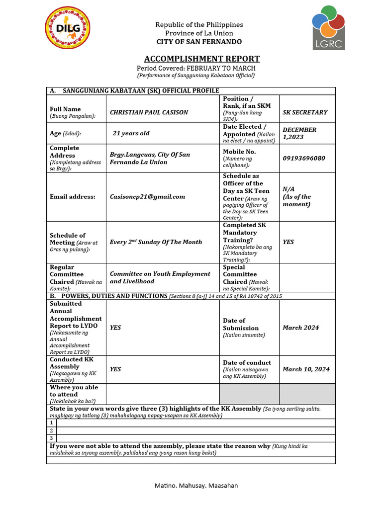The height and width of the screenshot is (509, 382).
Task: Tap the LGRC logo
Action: pyautogui.click(x=328, y=28)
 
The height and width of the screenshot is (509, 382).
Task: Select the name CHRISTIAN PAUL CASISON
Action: pyautogui.click(x=149, y=112)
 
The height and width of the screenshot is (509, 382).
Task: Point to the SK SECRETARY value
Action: pyautogui.click(x=305, y=112)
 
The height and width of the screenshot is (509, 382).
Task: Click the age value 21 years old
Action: pyautogui.click(x=131, y=133)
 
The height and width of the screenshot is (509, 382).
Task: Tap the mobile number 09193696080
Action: pyautogui.click(x=304, y=158)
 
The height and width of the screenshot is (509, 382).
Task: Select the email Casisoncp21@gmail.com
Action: pyautogui.click(x=147, y=196)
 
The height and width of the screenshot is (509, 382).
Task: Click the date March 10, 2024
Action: pyautogui.click(x=306, y=369)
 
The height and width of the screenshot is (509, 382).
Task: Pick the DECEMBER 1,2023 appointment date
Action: pyautogui.click(x=299, y=133)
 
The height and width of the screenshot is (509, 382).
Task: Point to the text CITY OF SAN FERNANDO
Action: pyautogui.click(x=199, y=42)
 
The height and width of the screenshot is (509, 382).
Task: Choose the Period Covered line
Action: pyautogui.click(x=196, y=68)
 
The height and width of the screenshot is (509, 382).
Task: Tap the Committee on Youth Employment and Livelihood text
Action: pyautogui.click(x=160, y=277)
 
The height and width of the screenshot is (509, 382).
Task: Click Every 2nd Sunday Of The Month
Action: pyautogui.click(x=156, y=242)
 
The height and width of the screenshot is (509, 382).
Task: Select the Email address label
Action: pyautogui.click(x=72, y=196)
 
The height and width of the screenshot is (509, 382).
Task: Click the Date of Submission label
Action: pyautogui.click(x=241, y=324)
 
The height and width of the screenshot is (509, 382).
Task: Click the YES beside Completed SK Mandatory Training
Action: pyautogui.click(x=288, y=242)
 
